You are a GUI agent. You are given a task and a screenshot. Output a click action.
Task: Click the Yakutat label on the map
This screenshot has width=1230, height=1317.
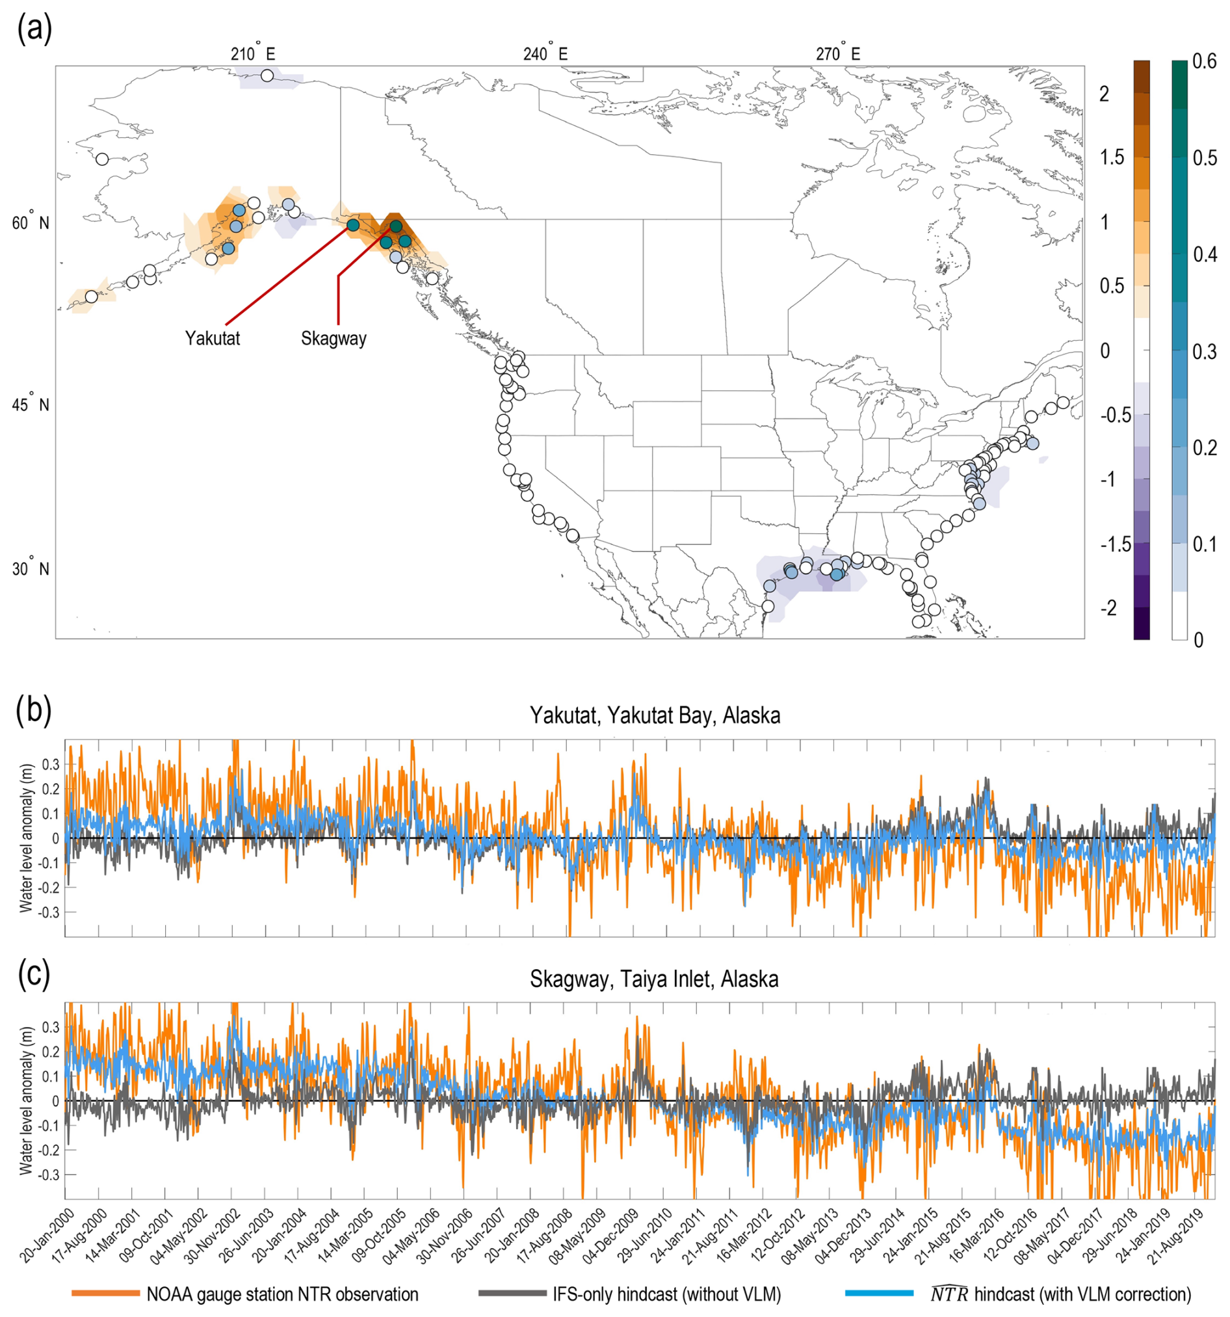click(x=213, y=339)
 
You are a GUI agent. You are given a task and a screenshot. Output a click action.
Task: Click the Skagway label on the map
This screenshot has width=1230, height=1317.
click(x=333, y=339)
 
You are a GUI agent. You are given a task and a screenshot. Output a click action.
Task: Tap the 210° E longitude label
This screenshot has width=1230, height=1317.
click(x=252, y=53)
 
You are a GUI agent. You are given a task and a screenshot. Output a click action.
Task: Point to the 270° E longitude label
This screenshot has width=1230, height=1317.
click(x=838, y=53)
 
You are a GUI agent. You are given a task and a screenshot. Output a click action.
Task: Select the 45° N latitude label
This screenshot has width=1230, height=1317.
click(x=31, y=404)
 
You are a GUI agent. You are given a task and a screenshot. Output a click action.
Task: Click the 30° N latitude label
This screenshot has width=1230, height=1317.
click(x=31, y=568)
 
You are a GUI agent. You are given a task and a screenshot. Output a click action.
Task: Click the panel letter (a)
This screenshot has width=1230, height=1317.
click(x=34, y=30)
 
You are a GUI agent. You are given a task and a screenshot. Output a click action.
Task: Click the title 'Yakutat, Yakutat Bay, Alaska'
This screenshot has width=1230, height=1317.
click(x=655, y=715)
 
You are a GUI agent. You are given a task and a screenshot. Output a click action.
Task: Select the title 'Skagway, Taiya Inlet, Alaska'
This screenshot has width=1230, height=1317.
click(x=654, y=979)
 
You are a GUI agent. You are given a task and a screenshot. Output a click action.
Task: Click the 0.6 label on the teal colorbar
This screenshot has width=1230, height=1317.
click(x=1203, y=62)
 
